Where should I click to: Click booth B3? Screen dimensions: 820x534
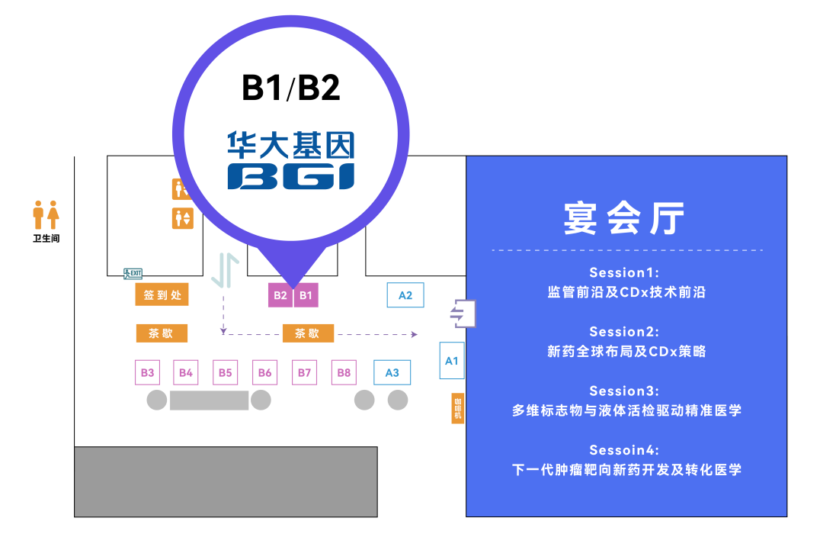(x=148, y=372)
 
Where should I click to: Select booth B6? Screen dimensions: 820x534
(x=264, y=372)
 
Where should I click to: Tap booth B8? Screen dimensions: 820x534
(x=344, y=372)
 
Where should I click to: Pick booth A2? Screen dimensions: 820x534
(x=405, y=294)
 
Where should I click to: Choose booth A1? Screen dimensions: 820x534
(x=452, y=361)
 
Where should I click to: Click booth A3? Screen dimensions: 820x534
(x=392, y=372)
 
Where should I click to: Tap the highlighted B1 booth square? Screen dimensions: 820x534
(x=306, y=295)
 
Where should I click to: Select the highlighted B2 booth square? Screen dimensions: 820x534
(x=280, y=295)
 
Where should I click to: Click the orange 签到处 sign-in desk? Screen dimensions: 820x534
(x=162, y=294)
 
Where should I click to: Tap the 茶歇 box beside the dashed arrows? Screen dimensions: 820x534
(x=308, y=333)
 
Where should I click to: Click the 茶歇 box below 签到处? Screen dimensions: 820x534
(x=162, y=333)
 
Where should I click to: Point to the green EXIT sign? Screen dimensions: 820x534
(x=133, y=273)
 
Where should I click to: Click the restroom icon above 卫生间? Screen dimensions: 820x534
(x=46, y=214)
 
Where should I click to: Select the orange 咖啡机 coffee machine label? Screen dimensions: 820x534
(x=457, y=408)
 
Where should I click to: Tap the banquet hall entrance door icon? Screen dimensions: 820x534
(x=463, y=314)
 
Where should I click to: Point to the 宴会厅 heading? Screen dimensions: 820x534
(x=624, y=217)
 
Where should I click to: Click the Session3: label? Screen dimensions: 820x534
(x=624, y=391)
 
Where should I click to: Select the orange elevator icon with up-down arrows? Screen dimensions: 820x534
(x=182, y=218)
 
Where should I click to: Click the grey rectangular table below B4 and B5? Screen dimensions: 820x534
(x=209, y=400)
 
